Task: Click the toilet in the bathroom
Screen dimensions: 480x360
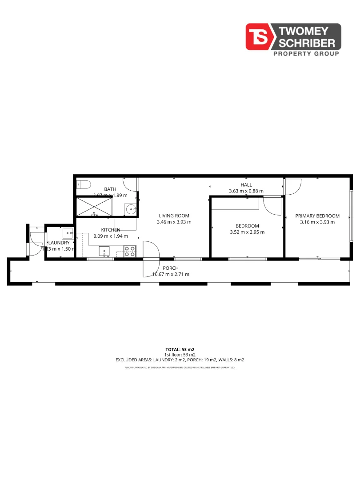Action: tap(83, 184)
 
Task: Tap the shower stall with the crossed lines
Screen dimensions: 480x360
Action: tap(95, 207)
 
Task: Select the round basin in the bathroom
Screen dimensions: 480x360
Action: tap(130, 208)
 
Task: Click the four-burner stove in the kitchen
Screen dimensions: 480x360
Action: tap(130, 252)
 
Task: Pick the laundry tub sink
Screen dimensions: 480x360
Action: tap(68, 233)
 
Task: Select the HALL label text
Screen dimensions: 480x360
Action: tap(246, 185)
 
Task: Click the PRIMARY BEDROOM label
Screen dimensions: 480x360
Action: tap(317, 216)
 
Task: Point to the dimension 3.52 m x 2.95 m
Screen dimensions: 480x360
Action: tap(247, 232)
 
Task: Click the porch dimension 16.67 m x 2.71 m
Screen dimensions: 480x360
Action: tap(171, 274)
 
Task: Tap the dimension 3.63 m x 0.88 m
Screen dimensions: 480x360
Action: tap(246, 191)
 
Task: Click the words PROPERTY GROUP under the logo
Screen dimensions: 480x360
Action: tap(305, 53)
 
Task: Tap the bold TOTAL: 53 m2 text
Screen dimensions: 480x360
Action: tap(180, 349)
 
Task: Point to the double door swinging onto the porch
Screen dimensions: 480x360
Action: tap(151, 260)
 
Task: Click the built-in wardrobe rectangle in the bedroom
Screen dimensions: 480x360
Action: tap(235, 204)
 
